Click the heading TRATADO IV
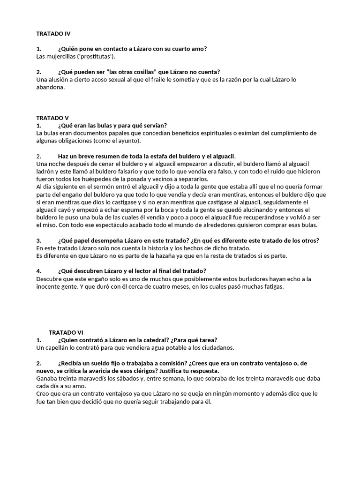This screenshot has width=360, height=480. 53,34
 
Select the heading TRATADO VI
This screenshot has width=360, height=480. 66,332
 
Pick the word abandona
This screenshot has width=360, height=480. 50,87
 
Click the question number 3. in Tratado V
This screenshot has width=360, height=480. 39,240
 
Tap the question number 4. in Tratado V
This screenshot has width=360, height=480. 39,271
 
